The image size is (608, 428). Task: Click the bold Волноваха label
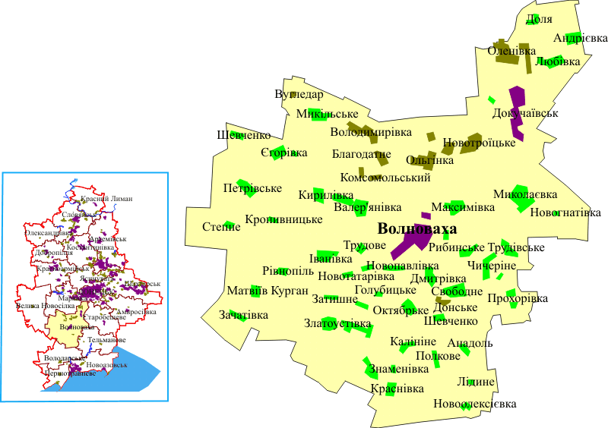[417, 228]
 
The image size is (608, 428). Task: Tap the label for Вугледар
[299, 95]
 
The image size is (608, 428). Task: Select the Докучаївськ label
[525, 113]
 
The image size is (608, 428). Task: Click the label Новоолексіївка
[475, 404]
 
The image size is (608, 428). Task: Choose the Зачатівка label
[243, 315]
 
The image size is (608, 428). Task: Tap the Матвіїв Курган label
[268, 291]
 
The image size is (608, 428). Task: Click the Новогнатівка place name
[565, 212]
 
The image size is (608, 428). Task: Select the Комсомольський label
[385, 178]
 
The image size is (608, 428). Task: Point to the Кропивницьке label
[283, 220]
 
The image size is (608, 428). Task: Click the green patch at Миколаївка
[520, 193]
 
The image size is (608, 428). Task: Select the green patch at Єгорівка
[279, 153]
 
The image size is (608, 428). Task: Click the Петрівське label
[252, 188]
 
